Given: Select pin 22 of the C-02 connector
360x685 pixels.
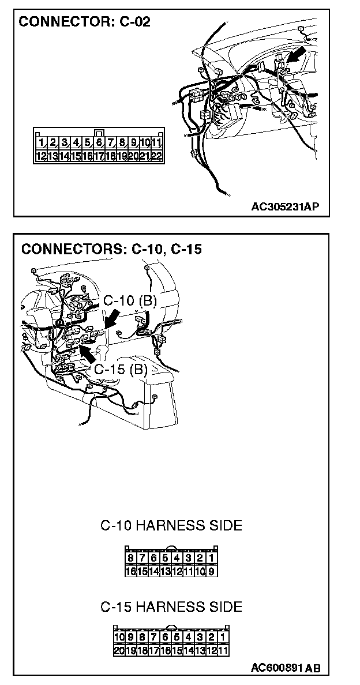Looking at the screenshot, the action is (x=156, y=156).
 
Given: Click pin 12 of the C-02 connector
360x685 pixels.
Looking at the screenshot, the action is (x=41, y=156).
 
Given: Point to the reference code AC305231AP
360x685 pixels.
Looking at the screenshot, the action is (x=285, y=206).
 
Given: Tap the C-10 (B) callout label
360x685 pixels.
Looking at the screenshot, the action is (x=130, y=301).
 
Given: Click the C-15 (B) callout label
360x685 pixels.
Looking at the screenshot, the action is (x=121, y=369).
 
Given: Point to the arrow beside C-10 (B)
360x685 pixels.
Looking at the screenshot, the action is (x=112, y=319).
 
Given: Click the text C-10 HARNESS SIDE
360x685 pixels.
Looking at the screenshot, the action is (x=171, y=525).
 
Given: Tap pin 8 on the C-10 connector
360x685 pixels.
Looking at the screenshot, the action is (x=131, y=558).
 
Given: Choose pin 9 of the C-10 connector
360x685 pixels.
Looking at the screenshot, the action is (x=212, y=571).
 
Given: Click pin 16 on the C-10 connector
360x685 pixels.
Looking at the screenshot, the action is (x=131, y=571).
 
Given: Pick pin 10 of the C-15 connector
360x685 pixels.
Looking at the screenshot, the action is (x=119, y=637).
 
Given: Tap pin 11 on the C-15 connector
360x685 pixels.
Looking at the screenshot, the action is (x=223, y=650).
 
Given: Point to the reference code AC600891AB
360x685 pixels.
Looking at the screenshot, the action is (x=286, y=667).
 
